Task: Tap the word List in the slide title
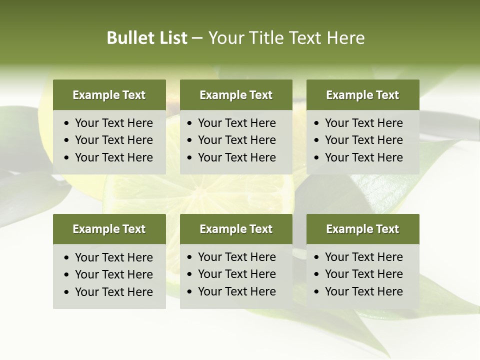click(x=171, y=38)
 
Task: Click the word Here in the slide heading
click(x=345, y=38)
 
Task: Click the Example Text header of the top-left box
click(x=109, y=95)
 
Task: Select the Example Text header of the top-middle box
click(x=236, y=95)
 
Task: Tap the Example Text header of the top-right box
click(x=362, y=95)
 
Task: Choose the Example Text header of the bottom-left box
click(x=109, y=229)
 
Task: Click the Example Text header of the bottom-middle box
click(x=236, y=229)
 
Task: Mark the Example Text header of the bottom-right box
click(x=362, y=229)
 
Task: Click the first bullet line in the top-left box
click(x=113, y=123)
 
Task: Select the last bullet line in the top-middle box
click(x=236, y=157)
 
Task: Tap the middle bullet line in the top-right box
click(x=363, y=140)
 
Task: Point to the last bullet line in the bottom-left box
click(x=113, y=292)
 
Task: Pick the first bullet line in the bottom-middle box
click(x=236, y=257)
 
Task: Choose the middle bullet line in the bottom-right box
click(x=363, y=274)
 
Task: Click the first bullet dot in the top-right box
click(x=317, y=123)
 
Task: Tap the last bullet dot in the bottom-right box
click(x=317, y=292)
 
